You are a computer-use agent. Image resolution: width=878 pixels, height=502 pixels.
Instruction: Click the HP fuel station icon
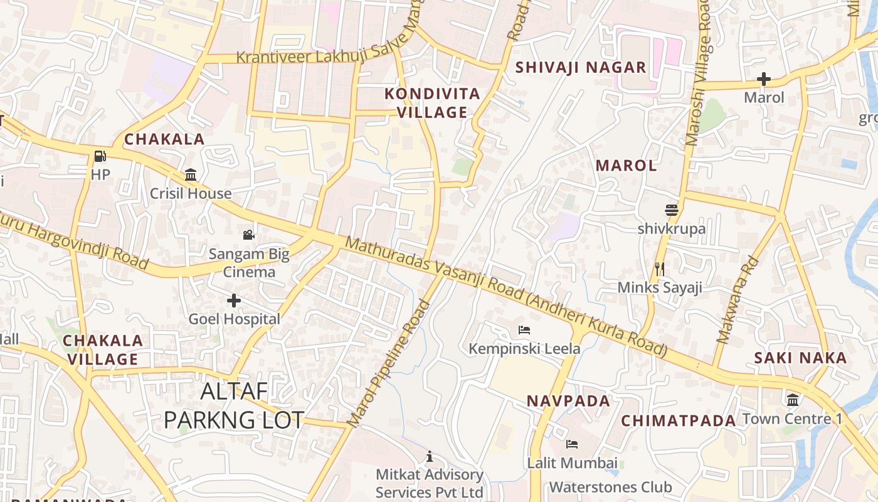point(100,156)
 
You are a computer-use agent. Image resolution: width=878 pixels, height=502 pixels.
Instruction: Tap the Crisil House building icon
point(191,174)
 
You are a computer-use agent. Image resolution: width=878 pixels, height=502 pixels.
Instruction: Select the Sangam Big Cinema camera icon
point(249,235)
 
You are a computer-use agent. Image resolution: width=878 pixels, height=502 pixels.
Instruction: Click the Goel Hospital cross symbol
point(234,301)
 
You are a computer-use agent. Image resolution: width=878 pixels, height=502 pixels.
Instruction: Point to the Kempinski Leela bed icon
point(524,329)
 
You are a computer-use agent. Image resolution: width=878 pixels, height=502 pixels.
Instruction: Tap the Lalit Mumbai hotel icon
point(571,444)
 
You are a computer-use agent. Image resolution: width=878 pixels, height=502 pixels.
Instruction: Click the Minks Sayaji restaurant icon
point(659,269)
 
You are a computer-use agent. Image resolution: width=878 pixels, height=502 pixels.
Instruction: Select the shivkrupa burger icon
point(672,210)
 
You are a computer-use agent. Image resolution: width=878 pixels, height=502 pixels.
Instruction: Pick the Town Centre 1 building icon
point(793,400)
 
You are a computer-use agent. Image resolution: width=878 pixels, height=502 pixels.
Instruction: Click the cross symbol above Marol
point(763,79)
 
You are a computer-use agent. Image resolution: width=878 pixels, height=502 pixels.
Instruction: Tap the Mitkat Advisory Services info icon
point(430,456)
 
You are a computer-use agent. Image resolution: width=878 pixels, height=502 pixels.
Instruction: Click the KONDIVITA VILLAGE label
point(432,103)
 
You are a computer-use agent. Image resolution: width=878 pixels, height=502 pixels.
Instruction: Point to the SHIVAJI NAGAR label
point(580,68)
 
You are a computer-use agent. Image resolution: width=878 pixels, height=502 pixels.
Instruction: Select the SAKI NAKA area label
point(800,358)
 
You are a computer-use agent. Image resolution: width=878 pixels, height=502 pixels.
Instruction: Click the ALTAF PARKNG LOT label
point(234,405)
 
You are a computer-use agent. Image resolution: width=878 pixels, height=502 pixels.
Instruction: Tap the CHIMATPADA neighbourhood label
point(678,421)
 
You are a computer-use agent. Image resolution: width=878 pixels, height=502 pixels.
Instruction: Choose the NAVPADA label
point(568,401)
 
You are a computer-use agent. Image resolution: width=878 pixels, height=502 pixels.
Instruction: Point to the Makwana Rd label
point(738,301)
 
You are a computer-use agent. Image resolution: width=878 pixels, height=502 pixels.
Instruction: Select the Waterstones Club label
point(610,487)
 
